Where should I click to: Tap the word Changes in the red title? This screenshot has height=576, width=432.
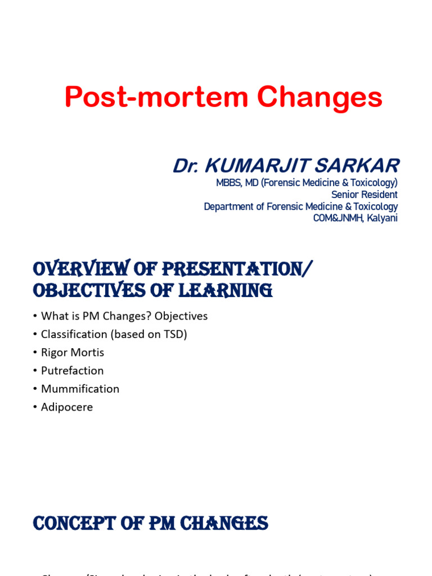[x=319, y=97]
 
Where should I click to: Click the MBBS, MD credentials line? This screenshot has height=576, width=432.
[x=307, y=183]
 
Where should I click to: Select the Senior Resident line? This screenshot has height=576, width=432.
[x=364, y=195]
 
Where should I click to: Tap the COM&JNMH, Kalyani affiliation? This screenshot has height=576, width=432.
[x=355, y=218]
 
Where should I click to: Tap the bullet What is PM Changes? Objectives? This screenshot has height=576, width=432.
[x=124, y=316]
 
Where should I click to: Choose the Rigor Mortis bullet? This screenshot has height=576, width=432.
[x=72, y=353]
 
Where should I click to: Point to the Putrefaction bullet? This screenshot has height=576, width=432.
[x=72, y=371]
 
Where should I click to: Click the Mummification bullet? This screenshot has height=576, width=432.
[x=80, y=389]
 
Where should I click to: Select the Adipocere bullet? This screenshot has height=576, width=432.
[x=66, y=407]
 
